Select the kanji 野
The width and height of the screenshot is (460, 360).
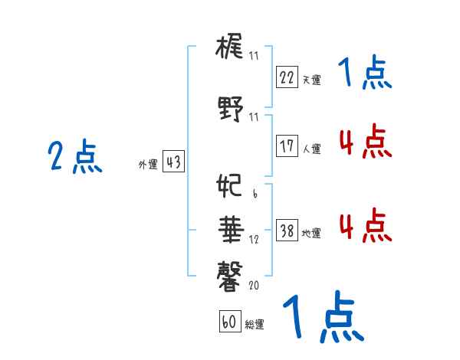tap(230, 110)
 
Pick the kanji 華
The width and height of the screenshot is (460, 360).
tap(230, 228)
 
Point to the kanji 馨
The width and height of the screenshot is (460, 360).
tap(230, 273)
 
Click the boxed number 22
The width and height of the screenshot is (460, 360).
tap(287, 77)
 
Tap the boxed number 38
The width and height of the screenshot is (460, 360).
tap(287, 231)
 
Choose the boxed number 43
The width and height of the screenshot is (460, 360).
tap(173, 162)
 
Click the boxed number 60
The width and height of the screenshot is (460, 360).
tap(229, 322)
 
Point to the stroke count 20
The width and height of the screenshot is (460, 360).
tap(254, 285)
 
